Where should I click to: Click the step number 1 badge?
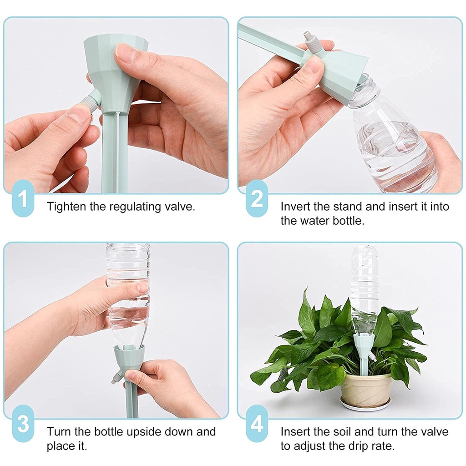pyautogui.click(x=23, y=198)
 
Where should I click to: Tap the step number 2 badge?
pyautogui.click(x=257, y=198)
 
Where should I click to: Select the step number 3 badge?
pyautogui.click(x=23, y=423)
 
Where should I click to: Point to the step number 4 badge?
pyautogui.click(x=257, y=423)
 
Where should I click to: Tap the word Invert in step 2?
pyautogui.click(x=295, y=206)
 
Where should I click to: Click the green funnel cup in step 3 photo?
pyautogui.click(x=129, y=358)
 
